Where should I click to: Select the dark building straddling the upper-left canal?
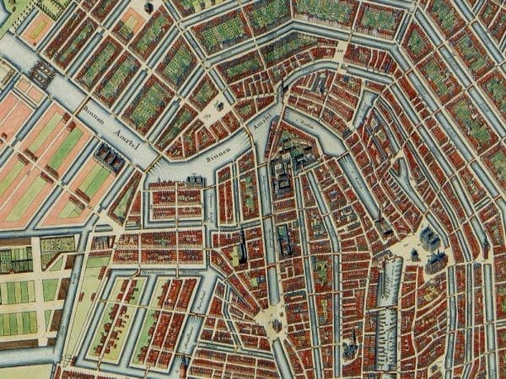click(42, 75)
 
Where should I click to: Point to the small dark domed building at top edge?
click(148, 7)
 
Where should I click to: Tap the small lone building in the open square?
click(220, 107)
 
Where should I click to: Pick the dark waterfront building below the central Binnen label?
click(195, 179)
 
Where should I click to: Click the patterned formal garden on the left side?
click(57, 247)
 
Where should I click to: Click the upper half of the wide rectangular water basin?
click(390, 279)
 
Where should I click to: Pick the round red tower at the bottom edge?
click(183, 364)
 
